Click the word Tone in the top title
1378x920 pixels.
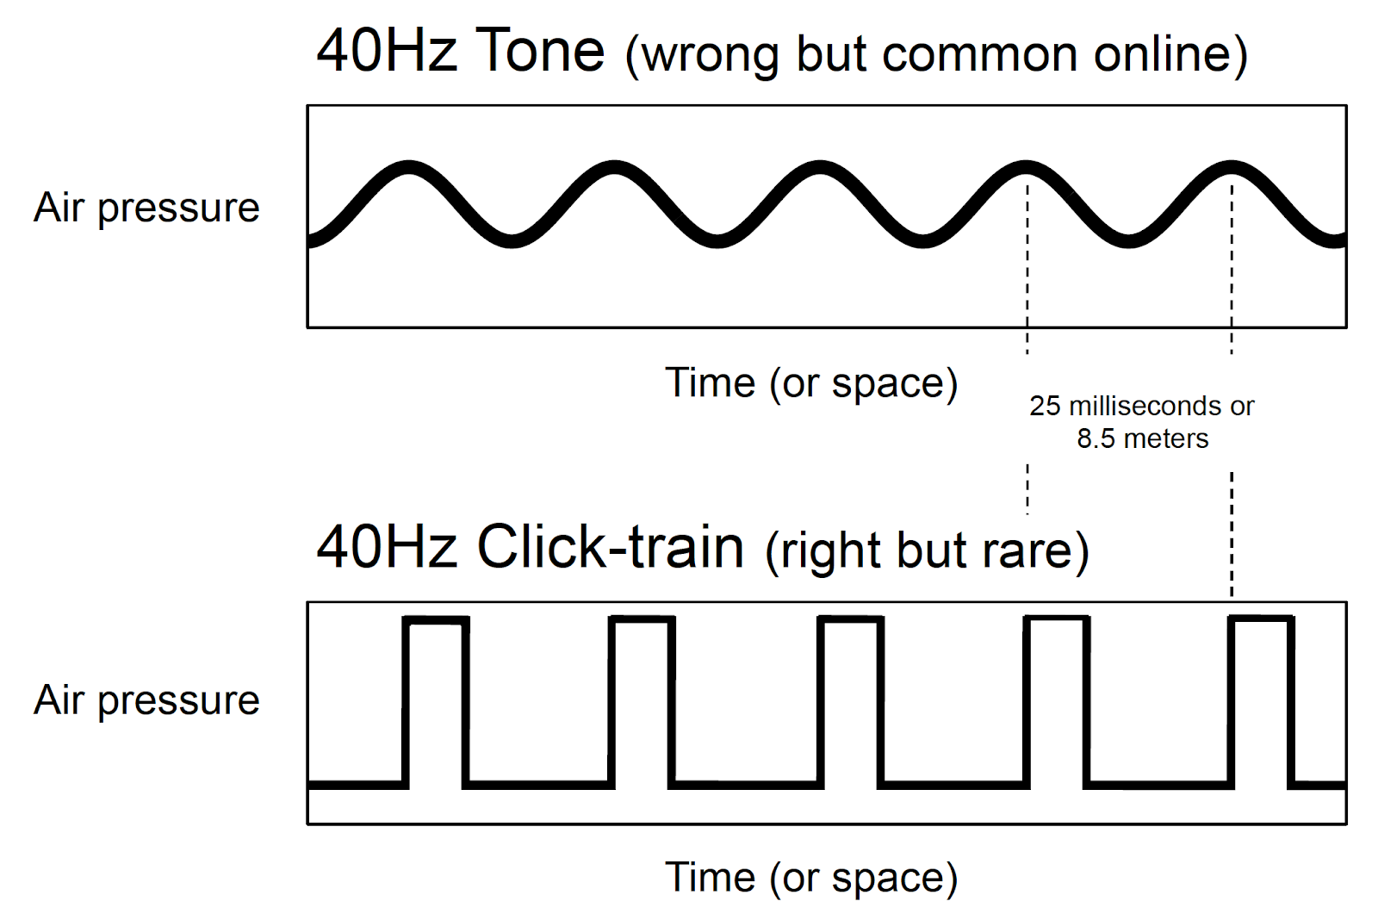pyautogui.click(x=539, y=51)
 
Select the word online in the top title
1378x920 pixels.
pyautogui.click(x=1162, y=54)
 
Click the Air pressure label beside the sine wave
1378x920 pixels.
pyautogui.click(x=146, y=208)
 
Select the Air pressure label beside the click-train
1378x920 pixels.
pyautogui.click(x=146, y=700)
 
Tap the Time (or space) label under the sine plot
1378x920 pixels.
pyautogui.click(x=811, y=383)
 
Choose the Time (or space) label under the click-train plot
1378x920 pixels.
pyautogui.click(x=811, y=878)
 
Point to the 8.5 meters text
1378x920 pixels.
pyautogui.click(x=1142, y=438)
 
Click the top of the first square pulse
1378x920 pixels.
pyautogui.click(x=436, y=620)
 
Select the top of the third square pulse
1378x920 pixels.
pyautogui.click(x=851, y=620)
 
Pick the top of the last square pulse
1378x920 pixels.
pyautogui.click(x=1261, y=620)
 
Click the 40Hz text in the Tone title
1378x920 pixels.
pyautogui.click(x=387, y=51)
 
